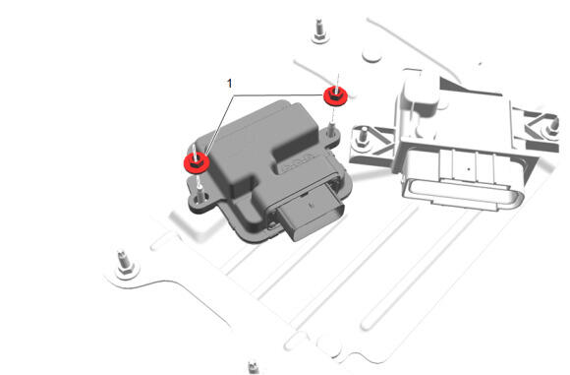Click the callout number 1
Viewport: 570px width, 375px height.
tap(229, 84)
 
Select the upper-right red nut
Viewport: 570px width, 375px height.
tap(335, 96)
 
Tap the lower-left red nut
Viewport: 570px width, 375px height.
tap(197, 163)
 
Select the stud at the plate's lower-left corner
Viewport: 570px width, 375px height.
tap(125, 263)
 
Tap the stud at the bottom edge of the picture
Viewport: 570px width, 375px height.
tap(253, 367)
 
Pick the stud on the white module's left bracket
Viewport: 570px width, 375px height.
tap(362, 137)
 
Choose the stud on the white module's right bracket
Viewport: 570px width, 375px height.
tap(553, 127)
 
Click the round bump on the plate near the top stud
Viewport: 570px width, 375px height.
tap(371, 56)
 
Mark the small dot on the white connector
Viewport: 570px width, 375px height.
tap(469, 169)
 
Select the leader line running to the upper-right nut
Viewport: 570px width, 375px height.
tap(278, 95)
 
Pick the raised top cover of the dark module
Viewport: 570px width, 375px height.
tap(255, 146)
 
